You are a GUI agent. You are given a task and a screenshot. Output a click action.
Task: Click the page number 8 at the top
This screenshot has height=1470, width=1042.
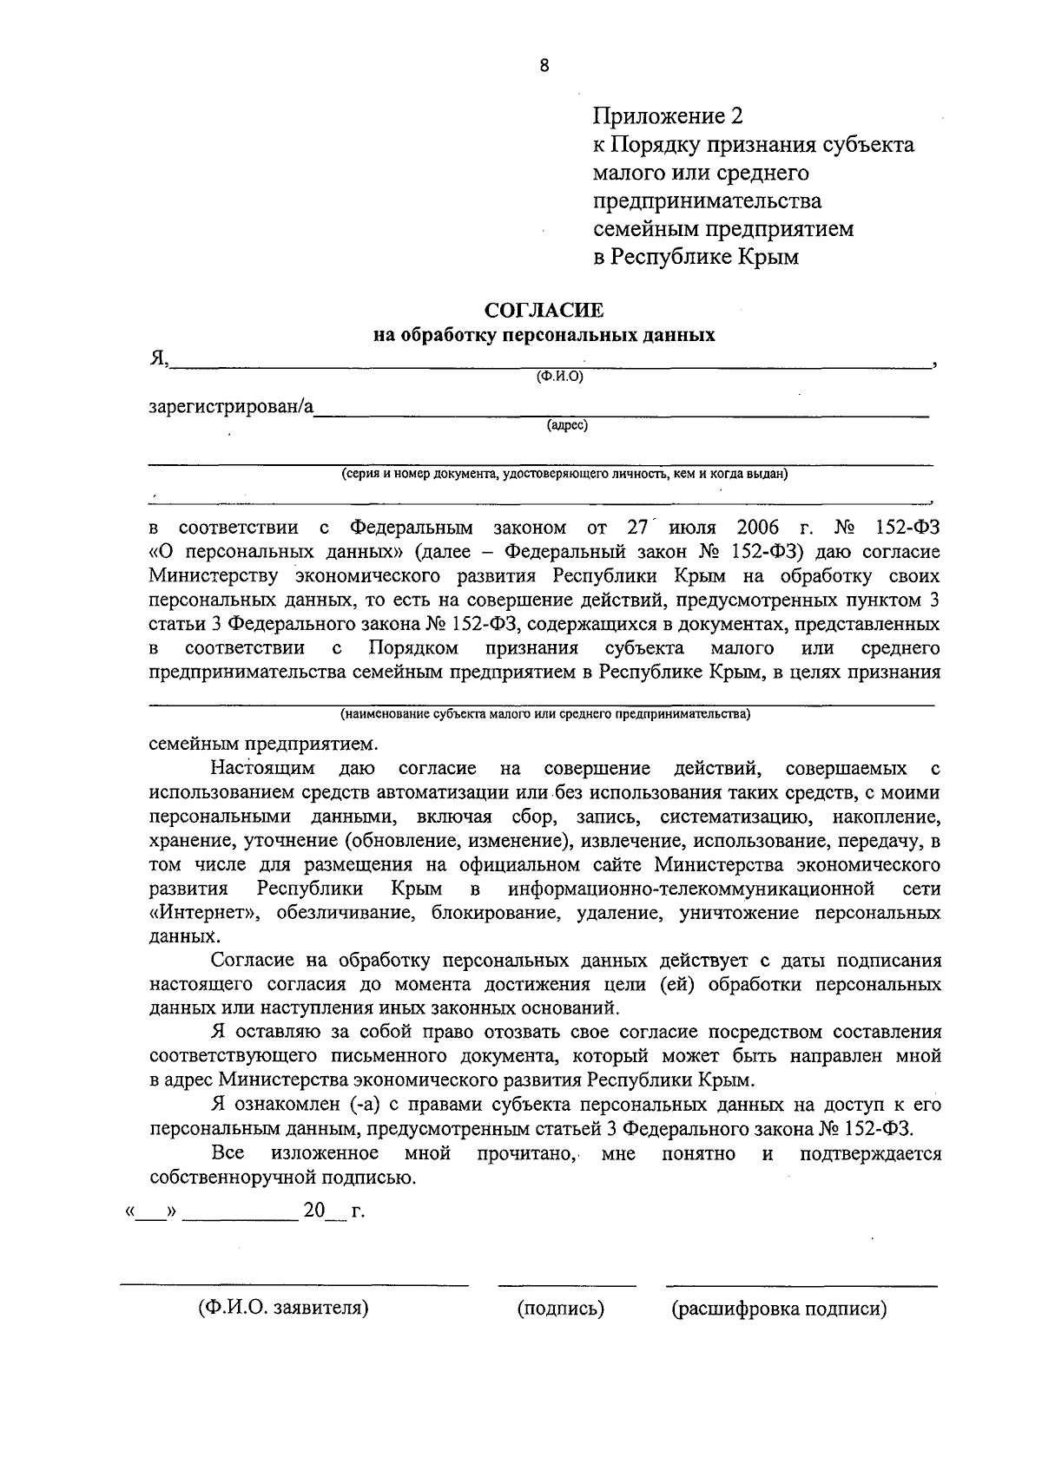click(x=544, y=65)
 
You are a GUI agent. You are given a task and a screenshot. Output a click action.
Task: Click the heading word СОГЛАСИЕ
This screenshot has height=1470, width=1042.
click(x=544, y=311)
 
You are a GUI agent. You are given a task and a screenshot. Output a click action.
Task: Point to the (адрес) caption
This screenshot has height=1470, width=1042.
click(x=567, y=425)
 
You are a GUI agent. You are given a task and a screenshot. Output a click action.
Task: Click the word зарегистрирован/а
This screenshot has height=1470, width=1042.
click(x=231, y=406)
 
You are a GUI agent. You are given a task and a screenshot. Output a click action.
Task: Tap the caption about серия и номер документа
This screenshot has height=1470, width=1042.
click(x=564, y=474)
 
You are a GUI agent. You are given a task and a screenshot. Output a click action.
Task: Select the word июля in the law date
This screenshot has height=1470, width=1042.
click(x=692, y=528)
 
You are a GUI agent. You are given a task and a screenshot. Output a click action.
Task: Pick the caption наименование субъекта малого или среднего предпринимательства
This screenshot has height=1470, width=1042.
click(x=545, y=714)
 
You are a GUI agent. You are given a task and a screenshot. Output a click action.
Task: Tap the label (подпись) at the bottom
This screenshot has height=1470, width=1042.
click(x=561, y=1309)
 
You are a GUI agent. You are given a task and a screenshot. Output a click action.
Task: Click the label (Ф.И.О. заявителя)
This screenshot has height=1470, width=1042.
click(x=283, y=1309)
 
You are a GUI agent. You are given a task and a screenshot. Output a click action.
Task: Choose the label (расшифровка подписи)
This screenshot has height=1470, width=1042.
click(x=779, y=1309)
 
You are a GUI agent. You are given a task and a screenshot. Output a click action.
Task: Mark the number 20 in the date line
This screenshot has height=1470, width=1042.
click(x=313, y=1211)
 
